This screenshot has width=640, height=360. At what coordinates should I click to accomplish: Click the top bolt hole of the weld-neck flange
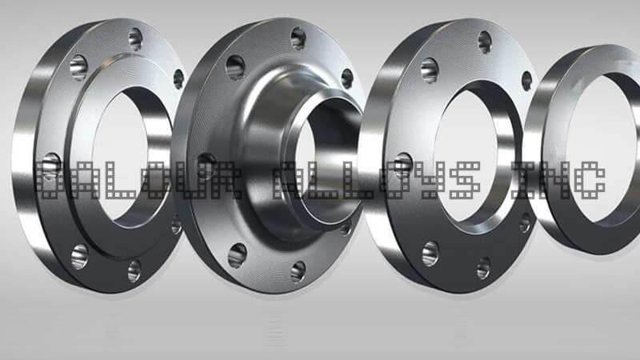(x=298, y=37)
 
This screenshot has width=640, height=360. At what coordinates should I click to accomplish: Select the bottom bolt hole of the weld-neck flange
(x=298, y=271)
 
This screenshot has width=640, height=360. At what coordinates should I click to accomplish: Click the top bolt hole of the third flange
(x=485, y=41)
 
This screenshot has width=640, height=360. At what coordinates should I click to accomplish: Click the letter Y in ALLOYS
(x=432, y=180)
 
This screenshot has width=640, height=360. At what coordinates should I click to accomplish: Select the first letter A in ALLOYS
(x=293, y=180)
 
